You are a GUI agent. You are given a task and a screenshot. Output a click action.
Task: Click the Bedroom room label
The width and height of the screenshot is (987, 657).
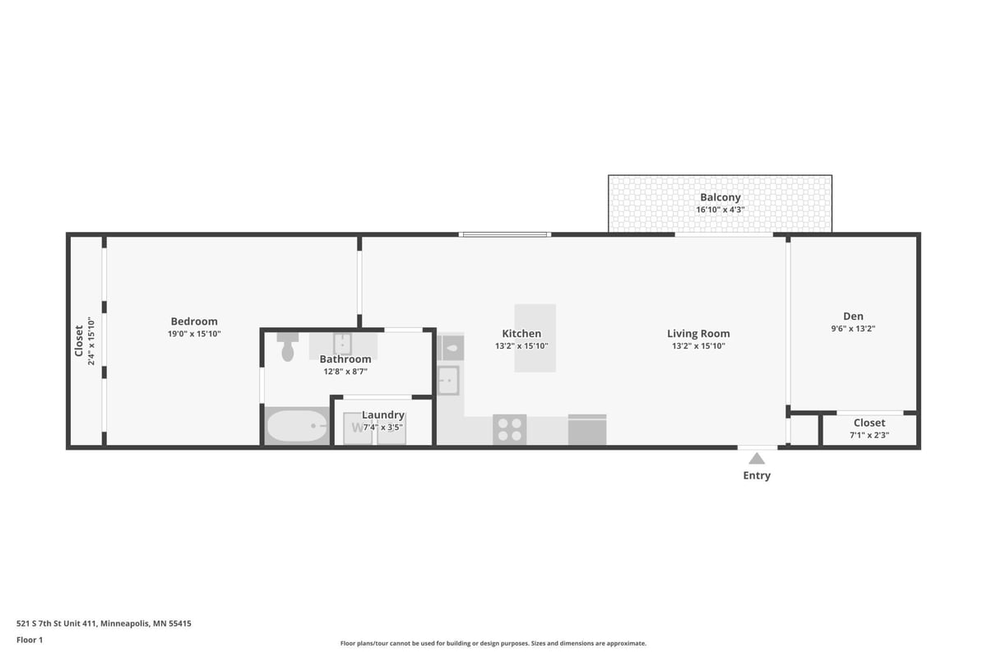(x=194, y=322)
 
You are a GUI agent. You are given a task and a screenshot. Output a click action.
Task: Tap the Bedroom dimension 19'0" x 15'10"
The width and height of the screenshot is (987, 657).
(x=194, y=334)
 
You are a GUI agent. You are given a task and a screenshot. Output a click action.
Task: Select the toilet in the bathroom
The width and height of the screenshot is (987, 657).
(x=288, y=347)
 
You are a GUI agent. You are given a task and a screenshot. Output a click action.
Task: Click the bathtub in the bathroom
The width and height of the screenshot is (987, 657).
(x=297, y=426)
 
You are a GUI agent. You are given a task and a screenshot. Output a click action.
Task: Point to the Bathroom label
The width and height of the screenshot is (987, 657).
(x=345, y=359)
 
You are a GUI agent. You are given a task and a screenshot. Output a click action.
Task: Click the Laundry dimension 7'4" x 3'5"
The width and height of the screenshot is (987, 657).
(x=383, y=427)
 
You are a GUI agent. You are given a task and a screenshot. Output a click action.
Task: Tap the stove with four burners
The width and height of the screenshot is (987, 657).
(x=510, y=429)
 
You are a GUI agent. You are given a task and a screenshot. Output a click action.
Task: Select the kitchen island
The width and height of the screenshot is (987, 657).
(x=535, y=338)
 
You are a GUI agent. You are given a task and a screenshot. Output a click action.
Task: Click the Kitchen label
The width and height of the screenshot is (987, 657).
(x=521, y=334)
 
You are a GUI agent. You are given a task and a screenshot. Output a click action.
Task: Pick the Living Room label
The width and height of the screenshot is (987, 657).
(x=698, y=334)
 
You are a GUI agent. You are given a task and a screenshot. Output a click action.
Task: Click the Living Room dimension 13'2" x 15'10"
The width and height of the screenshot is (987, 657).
(x=698, y=346)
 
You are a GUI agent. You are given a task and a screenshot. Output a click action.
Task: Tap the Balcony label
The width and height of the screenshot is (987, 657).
(x=721, y=197)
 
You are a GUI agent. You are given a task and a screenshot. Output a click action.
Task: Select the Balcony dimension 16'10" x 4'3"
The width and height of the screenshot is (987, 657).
(x=721, y=210)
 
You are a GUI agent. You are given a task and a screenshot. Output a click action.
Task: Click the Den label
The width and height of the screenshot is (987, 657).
(x=854, y=316)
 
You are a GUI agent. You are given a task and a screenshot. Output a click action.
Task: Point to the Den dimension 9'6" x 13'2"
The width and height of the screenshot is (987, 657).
(x=854, y=328)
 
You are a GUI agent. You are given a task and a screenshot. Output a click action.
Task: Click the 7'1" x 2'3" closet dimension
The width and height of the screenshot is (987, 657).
(x=869, y=435)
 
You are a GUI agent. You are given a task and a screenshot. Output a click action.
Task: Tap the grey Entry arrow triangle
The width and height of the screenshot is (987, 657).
(x=757, y=459)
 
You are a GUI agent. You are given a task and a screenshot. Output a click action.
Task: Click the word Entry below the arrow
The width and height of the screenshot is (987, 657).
(x=757, y=475)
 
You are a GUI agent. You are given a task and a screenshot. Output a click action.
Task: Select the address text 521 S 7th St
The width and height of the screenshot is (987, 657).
(x=57, y=623)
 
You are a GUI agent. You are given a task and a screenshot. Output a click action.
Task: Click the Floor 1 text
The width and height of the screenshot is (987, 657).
(x=30, y=640)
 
